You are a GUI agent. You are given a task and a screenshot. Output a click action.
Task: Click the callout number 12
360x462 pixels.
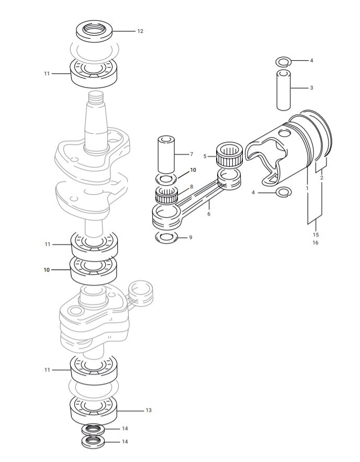point(140,31)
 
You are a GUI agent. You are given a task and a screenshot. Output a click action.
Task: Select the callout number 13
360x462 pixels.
point(148,410)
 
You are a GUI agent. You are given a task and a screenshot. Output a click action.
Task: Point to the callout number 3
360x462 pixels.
point(311,87)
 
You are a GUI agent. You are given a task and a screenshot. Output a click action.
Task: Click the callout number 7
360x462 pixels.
point(192,154)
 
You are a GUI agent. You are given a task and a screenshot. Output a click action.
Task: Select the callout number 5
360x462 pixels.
point(205,156)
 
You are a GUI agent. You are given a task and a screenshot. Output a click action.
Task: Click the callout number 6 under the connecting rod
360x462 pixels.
point(209,213)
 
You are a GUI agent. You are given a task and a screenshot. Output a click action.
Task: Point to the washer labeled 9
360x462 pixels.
point(166,238)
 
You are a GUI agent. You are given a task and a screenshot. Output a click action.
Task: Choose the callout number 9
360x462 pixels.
point(190,238)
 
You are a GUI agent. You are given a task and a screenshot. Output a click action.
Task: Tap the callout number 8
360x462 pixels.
point(192,186)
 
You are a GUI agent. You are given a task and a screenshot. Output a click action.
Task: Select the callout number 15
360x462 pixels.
point(316,234)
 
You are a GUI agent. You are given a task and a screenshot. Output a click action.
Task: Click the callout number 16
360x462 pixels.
point(316,243)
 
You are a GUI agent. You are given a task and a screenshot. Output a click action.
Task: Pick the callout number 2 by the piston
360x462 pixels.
point(321,178)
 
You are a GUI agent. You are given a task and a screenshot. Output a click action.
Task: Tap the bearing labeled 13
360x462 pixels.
point(94,408)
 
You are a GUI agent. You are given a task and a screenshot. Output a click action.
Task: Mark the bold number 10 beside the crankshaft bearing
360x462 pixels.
point(47,270)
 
